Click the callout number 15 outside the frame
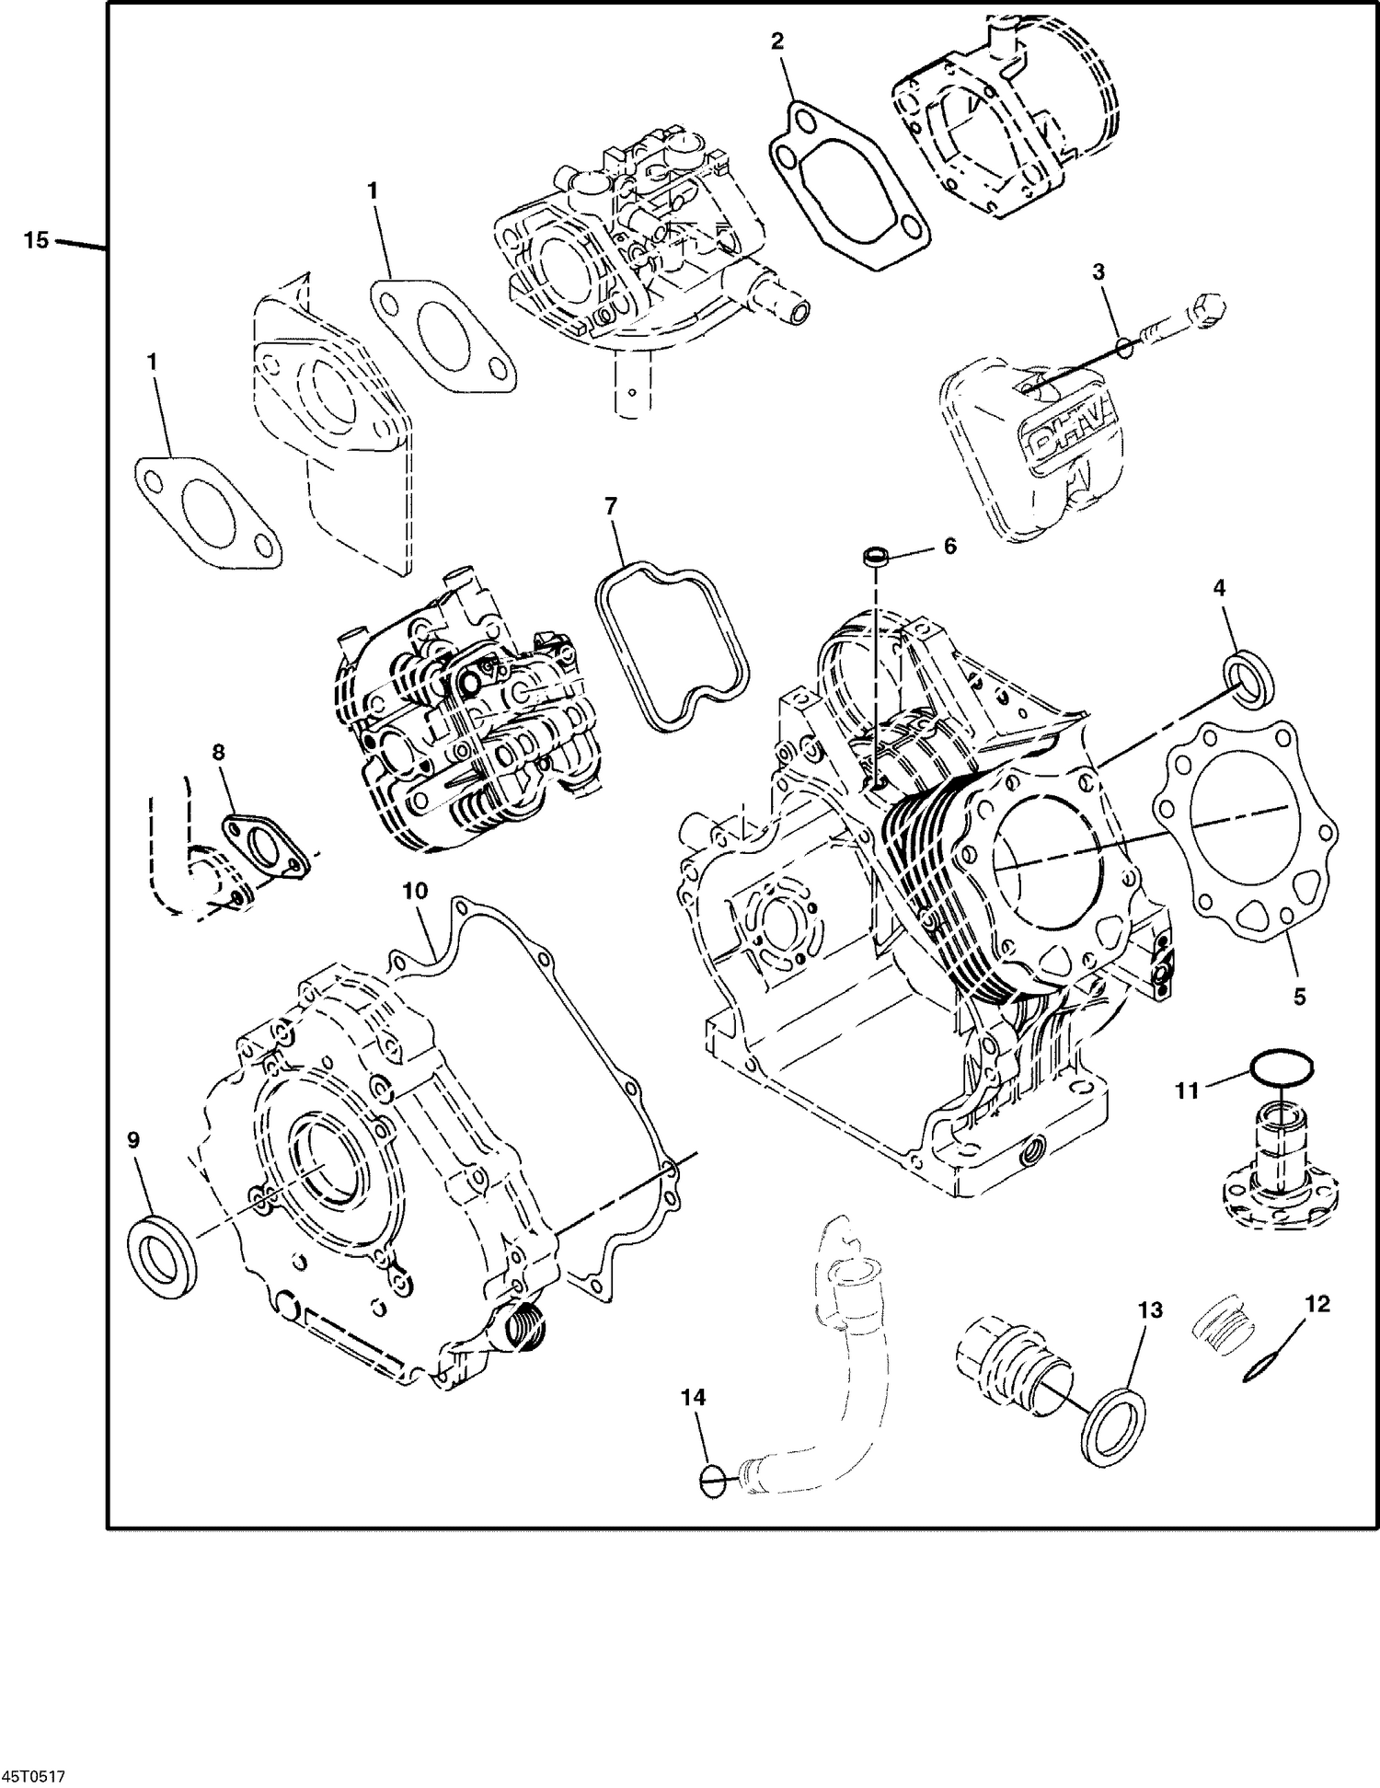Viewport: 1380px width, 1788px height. point(35,241)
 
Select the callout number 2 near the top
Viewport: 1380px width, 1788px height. point(777,40)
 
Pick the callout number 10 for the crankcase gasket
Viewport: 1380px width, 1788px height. point(416,891)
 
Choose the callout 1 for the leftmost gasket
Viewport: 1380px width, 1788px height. point(153,362)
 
